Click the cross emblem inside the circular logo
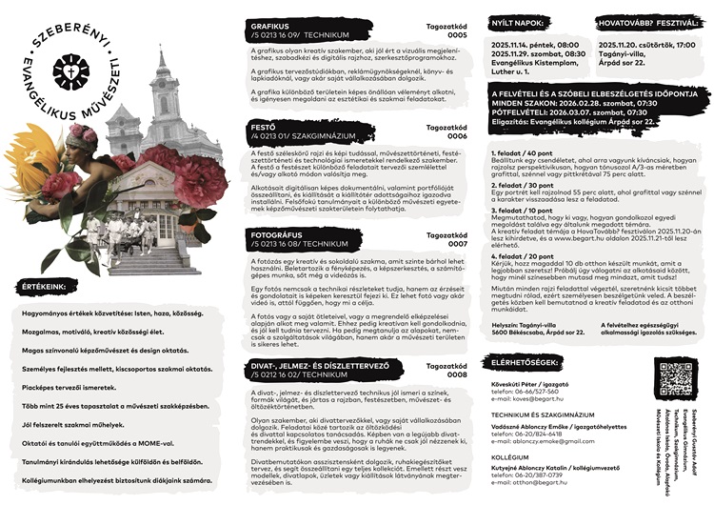coord(71,71)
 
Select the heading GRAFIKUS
coord(269,26)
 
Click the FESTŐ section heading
coord(260,126)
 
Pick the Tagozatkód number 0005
coord(458,34)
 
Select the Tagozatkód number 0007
coord(458,244)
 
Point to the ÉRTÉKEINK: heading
coord(46,285)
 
